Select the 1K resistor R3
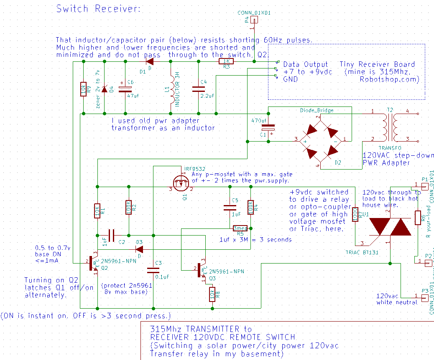click(x=226, y=62)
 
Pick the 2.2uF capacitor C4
click(x=197, y=89)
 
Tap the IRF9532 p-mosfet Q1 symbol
click(x=181, y=182)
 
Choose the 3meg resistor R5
click(x=240, y=228)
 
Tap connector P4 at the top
click(x=253, y=19)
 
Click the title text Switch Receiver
click(x=99, y=9)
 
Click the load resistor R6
click(x=417, y=218)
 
